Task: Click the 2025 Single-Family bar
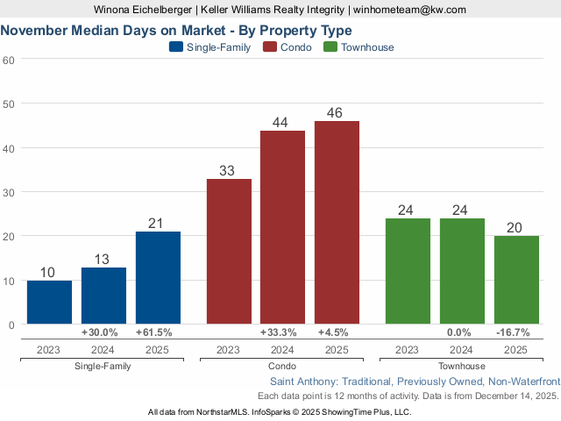point(158,278)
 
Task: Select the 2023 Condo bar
point(229,252)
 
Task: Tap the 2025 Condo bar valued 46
point(337,223)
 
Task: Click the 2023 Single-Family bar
point(49,303)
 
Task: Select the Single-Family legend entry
point(209,47)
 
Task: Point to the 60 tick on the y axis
point(9,60)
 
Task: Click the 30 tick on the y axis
point(9,192)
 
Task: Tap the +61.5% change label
point(154,332)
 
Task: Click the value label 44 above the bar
point(281,122)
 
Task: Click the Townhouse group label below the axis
point(461,365)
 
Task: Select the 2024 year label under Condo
point(281,349)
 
